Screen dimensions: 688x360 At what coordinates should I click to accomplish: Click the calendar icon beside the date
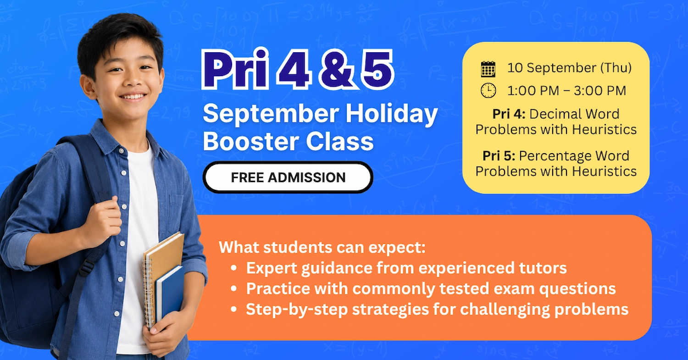[488, 69]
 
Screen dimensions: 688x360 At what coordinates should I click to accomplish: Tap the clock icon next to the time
[488, 91]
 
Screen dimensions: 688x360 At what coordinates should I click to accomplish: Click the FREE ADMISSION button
[288, 177]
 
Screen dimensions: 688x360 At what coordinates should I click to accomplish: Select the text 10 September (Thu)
[569, 68]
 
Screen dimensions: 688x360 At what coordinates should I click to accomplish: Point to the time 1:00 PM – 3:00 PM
[566, 91]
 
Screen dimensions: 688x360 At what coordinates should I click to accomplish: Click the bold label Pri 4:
[509, 114]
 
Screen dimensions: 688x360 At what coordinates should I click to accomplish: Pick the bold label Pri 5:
[499, 156]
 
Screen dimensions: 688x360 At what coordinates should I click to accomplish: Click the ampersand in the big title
[336, 70]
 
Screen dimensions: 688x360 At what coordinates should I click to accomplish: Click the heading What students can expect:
[322, 247]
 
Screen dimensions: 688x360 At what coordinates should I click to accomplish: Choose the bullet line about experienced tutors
[406, 268]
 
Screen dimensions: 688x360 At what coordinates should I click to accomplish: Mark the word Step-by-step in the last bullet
[297, 309]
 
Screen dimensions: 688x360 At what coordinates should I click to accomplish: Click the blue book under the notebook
[170, 294]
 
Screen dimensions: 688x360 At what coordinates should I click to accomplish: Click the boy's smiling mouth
[133, 97]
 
